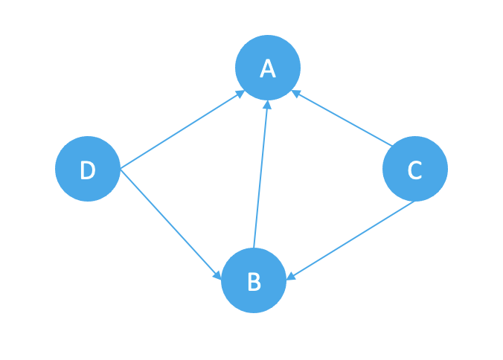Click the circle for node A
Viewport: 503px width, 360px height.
tap(268, 68)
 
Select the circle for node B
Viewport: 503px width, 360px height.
tap(254, 280)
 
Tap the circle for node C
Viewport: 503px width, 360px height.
tap(415, 169)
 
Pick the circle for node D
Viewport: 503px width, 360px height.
tap(88, 169)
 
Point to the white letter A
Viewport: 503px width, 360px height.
tap(268, 68)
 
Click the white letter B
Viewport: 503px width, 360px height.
tap(254, 281)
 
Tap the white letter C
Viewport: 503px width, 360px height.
tap(414, 170)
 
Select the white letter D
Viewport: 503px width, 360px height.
tap(88, 170)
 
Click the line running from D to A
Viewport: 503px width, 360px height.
tap(182, 129)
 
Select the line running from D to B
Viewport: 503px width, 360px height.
tap(170, 224)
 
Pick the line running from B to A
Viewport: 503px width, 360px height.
tap(261, 174)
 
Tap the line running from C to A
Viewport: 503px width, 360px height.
tap(342, 118)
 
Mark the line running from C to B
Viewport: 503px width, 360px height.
tap(350, 241)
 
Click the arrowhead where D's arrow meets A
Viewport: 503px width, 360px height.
tap(240, 94)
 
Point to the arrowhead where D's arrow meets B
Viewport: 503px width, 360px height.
tap(217, 275)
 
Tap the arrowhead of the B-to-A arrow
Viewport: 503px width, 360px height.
tap(267, 105)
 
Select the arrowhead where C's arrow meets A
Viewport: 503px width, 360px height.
tap(295, 93)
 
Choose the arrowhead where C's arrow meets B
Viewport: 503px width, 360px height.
tap(291, 277)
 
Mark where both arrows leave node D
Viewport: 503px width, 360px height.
tap(121, 169)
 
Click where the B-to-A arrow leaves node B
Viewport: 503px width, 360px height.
tap(254, 248)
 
